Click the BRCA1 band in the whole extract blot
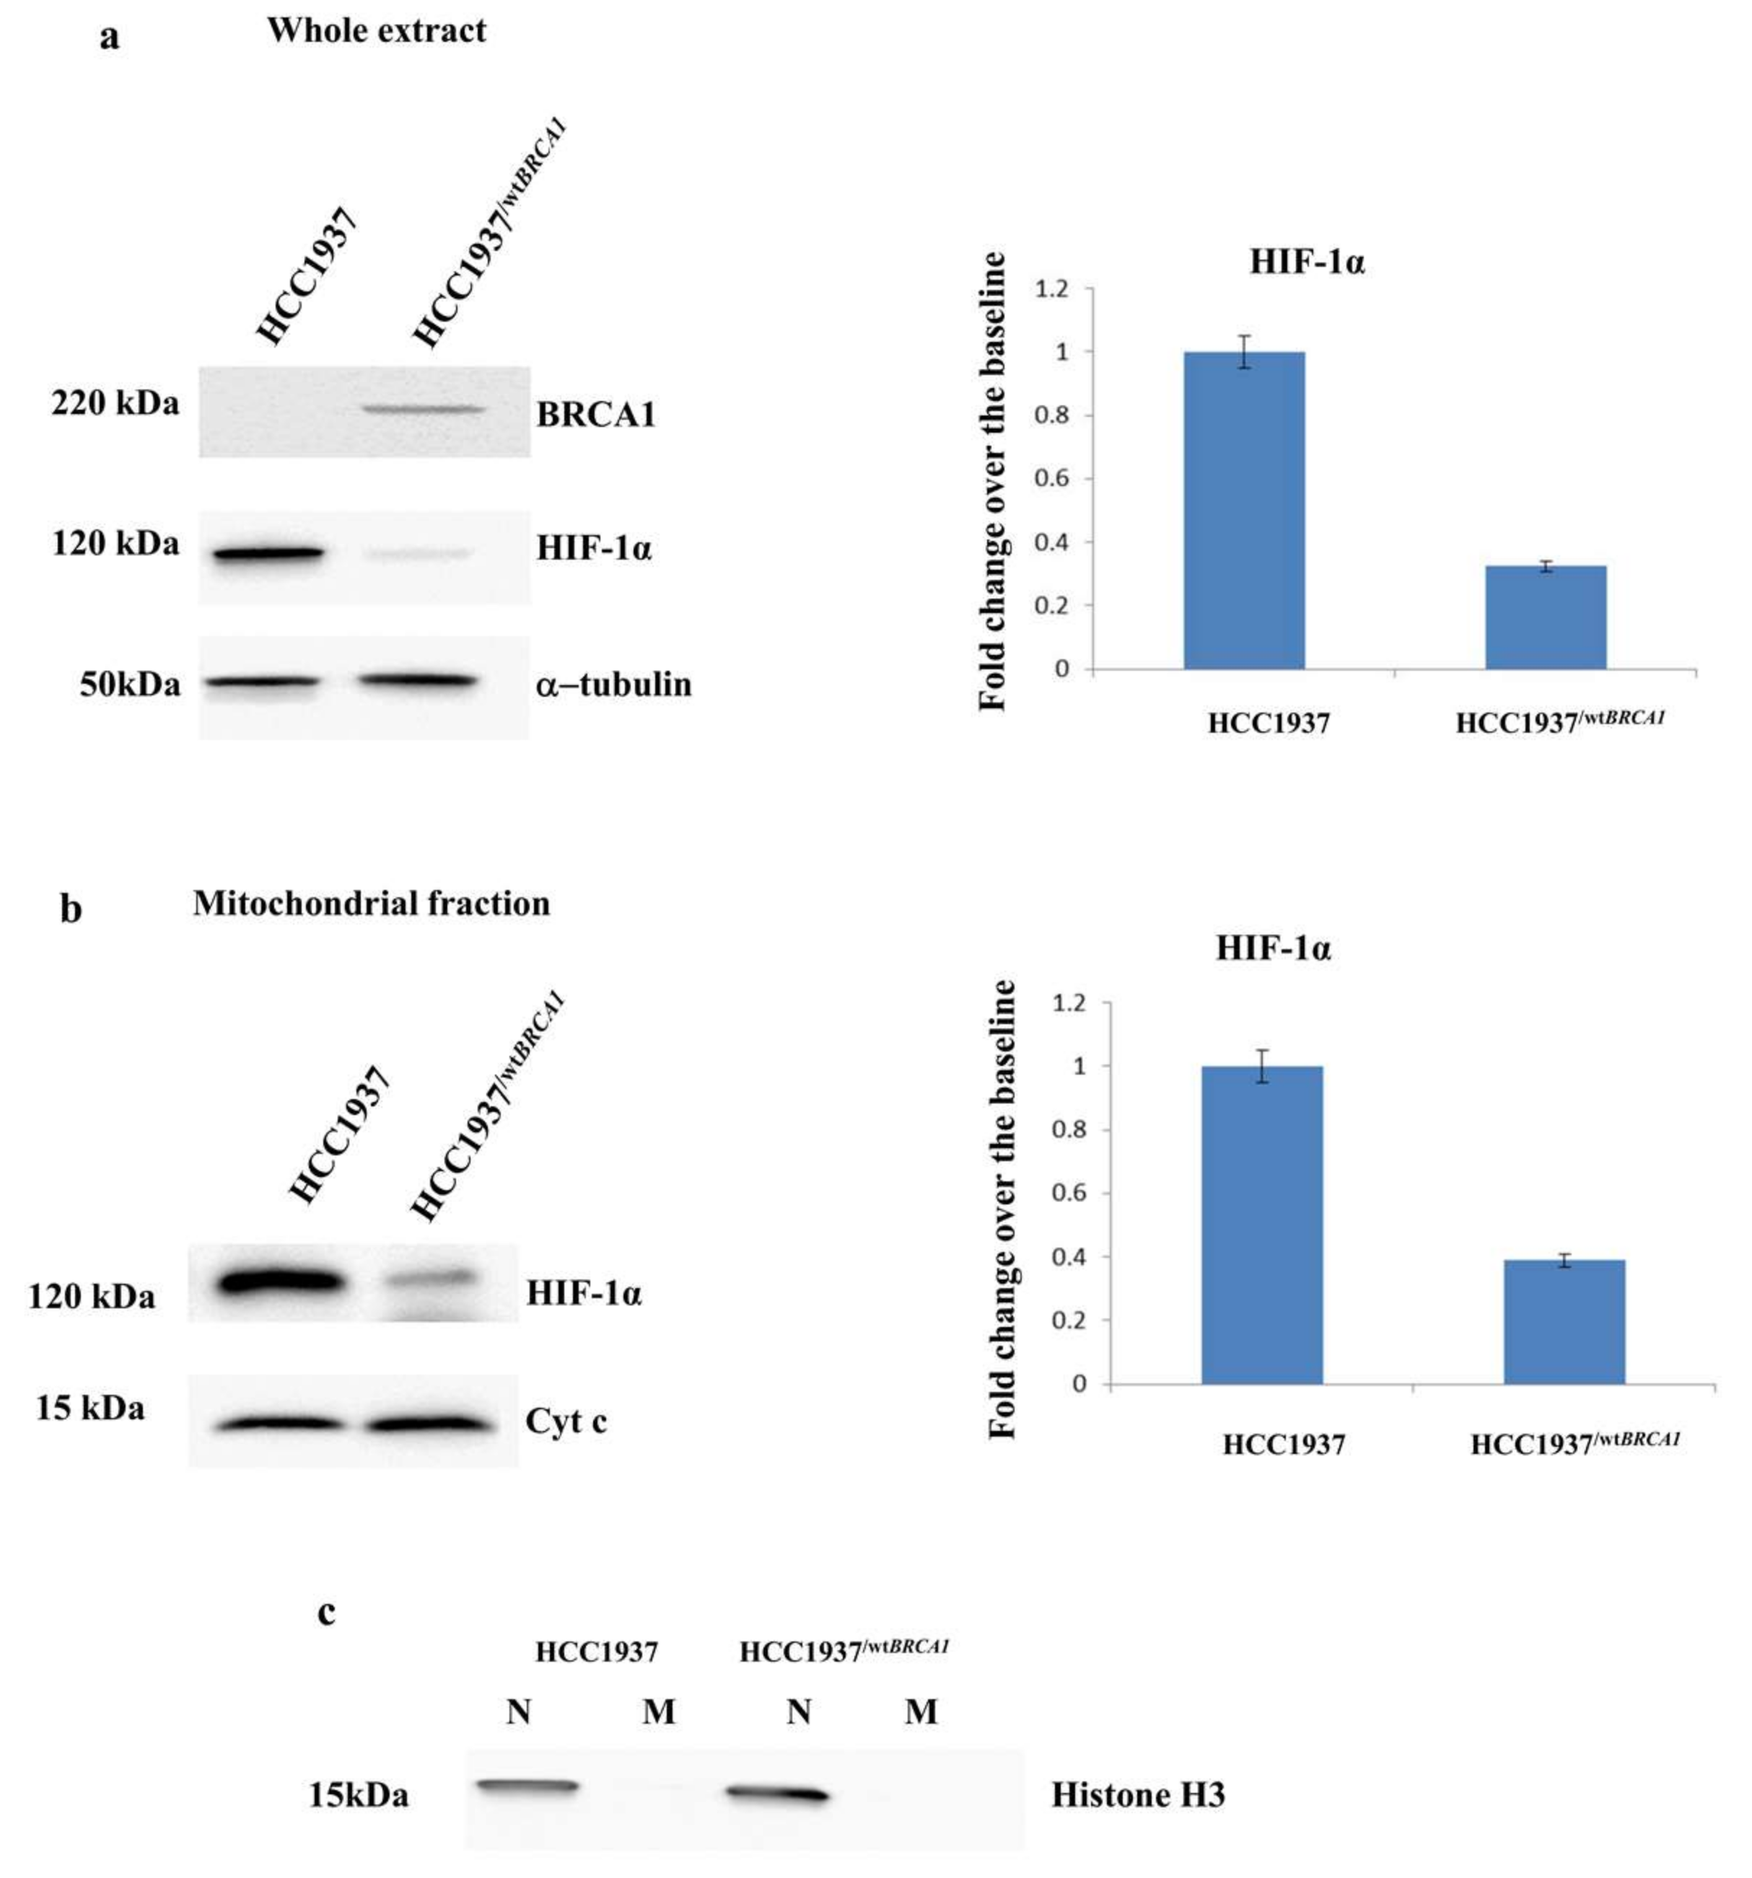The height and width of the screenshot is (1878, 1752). tap(424, 410)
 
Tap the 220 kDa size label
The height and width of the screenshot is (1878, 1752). tap(115, 405)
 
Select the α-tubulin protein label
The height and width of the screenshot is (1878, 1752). tap(613, 684)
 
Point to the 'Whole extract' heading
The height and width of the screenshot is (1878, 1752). tap(376, 31)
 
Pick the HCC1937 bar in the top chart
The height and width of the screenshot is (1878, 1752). tap(1243, 510)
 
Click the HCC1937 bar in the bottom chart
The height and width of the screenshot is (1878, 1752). tap(1261, 1225)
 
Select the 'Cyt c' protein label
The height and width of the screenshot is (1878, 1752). tap(565, 1421)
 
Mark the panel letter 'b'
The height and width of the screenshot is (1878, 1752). tap(71, 909)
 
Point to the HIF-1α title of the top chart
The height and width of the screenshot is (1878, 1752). tap(1307, 262)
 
